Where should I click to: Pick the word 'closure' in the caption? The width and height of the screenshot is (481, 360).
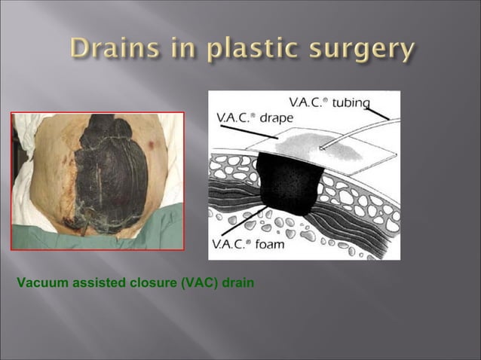146,283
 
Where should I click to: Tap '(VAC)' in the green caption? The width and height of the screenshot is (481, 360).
190,283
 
